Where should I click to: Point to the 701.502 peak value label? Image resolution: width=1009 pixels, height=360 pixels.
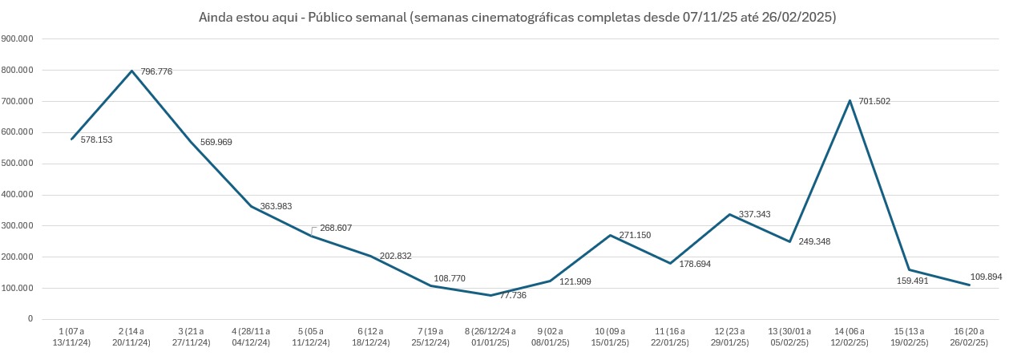tap(874, 102)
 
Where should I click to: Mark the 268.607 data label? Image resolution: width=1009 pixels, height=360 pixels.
tap(336, 228)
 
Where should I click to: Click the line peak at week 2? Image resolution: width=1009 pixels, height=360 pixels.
tap(131, 71)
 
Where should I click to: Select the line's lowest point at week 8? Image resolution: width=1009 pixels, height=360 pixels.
tap(490, 295)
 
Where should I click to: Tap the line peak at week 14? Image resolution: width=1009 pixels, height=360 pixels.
tap(850, 100)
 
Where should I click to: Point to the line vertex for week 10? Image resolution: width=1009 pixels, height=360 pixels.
tap(611, 235)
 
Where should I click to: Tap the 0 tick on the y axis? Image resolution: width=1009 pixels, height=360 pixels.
tap(30, 319)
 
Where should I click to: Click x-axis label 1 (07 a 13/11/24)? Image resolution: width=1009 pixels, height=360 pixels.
tap(71, 337)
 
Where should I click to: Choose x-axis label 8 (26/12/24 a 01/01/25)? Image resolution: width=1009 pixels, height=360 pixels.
tap(490, 337)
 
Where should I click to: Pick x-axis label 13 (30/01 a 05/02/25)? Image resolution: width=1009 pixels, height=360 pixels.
tap(790, 337)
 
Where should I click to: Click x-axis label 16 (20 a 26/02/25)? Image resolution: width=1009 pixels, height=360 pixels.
tap(970, 337)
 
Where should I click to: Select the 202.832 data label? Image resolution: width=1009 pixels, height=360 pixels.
tap(395, 257)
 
